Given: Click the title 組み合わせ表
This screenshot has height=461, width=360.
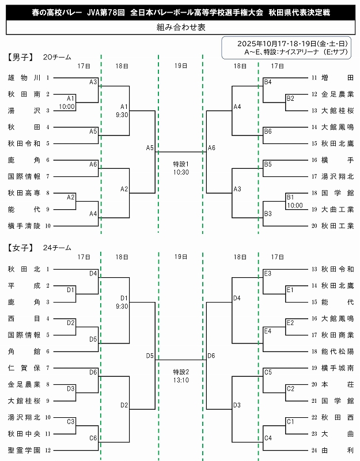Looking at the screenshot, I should point(180,27).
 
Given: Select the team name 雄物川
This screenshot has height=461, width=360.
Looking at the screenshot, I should point(24,77).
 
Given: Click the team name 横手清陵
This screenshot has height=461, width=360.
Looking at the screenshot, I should point(24,226).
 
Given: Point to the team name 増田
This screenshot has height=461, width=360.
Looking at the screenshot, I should point(338,77).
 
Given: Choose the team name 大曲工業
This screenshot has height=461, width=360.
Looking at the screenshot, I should point(338,209).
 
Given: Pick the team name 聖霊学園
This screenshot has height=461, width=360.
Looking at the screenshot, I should point(24,450).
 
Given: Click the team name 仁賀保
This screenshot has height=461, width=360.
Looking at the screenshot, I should point(24,368).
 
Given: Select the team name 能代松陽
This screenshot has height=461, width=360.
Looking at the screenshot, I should point(338,351).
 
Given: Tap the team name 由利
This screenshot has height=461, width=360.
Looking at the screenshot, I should point(338,450).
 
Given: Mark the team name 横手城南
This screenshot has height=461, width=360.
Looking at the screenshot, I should point(338,368).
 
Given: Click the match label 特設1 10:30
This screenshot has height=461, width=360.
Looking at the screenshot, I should point(181,168).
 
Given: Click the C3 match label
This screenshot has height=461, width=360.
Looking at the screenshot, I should point(71,422).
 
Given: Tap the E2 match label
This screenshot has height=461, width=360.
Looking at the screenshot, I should point(290,322).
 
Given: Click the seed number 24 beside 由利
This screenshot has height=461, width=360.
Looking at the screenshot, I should point(314,450).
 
